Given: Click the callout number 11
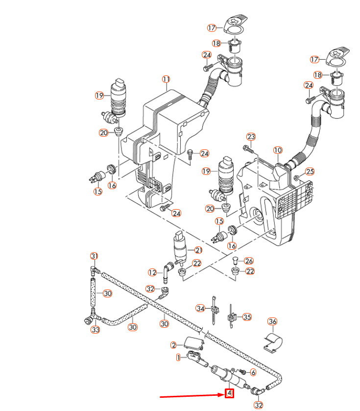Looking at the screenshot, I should tap(166, 79).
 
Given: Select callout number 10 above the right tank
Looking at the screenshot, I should tap(278, 150).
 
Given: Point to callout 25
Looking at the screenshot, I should tap(310, 171).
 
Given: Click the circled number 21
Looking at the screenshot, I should tap(198, 250).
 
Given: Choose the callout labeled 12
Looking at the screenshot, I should tap(153, 272).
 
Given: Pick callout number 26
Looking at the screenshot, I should tap(249, 261).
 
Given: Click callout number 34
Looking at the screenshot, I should tap(200, 309).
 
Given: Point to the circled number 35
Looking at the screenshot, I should tap(247, 317).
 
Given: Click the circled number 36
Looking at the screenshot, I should tap(272, 321).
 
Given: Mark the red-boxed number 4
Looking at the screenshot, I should tap(229, 393).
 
